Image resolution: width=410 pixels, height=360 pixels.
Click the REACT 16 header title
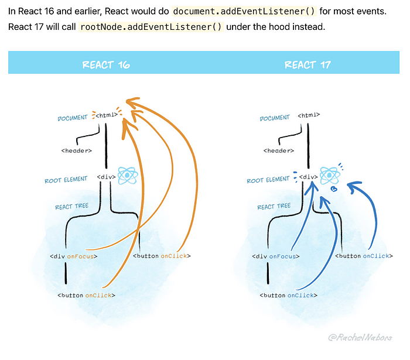[x=106, y=64]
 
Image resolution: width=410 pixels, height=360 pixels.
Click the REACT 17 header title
[x=308, y=64]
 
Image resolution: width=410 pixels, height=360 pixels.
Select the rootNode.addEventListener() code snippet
[x=152, y=28]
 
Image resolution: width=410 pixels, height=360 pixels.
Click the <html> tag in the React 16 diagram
[x=107, y=115]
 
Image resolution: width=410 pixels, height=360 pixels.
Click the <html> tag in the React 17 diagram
[x=309, y=115]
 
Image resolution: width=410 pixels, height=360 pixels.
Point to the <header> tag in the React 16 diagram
[x=76, y=150]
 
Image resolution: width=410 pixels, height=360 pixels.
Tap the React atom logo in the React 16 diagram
[x=127, y=175]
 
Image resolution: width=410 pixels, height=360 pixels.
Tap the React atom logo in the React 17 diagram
[x=329, y=175]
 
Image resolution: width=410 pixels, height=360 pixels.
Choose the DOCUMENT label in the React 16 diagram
[x=73, y=118]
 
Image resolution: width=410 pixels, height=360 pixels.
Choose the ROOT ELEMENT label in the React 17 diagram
[x=268, y=180]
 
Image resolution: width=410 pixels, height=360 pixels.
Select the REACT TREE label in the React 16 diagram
[x=72, y=207]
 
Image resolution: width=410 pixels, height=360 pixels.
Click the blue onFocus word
[x=283, y=256]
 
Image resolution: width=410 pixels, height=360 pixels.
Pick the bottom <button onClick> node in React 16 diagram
[x=86, y=295]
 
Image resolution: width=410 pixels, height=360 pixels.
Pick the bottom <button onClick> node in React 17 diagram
[x=288, y=295]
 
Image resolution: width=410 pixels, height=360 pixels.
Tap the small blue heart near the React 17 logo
[x=334, y=189]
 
